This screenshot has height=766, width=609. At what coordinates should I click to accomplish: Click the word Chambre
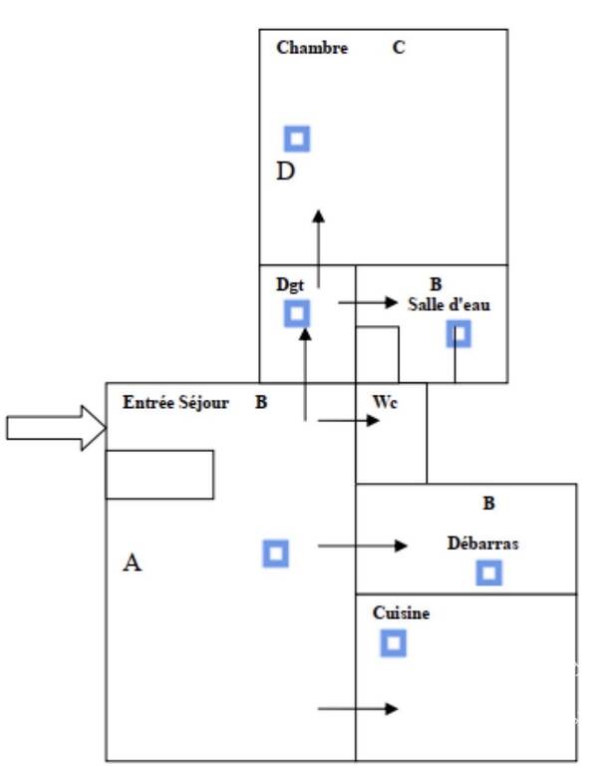312,48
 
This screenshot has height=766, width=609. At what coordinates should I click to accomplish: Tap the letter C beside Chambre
399,48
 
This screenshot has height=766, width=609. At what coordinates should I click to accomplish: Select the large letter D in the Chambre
286,171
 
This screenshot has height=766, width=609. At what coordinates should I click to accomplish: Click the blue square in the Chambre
297,139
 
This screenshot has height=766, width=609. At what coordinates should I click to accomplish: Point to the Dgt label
290,285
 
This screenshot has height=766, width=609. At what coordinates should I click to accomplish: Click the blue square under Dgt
297,313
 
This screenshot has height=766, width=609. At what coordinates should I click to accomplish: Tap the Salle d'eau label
449,305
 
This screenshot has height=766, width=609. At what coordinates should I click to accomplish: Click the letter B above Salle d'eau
436,284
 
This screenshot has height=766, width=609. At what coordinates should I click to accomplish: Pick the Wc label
385,402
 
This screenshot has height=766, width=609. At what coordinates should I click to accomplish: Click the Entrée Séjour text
175,402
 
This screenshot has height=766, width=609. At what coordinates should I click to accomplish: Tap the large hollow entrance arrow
56,428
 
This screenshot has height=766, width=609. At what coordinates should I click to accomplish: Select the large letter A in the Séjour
132,563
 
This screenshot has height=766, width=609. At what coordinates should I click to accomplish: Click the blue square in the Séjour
275,554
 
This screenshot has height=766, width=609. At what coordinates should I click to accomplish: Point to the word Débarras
483,544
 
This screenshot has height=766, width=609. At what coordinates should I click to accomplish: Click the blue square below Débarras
488,573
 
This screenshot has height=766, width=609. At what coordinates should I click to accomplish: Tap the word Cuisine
401,612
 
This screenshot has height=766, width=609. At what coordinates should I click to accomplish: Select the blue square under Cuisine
393,643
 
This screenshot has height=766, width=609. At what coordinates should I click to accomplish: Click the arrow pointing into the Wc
348,420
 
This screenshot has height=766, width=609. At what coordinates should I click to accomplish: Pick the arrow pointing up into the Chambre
318,249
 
